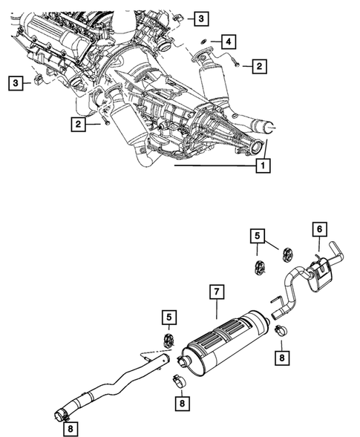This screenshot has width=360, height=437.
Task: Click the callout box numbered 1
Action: (261, 167)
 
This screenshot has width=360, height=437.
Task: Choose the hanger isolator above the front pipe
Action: (168, 343)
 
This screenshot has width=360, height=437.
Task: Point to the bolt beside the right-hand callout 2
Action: (235, 65)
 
